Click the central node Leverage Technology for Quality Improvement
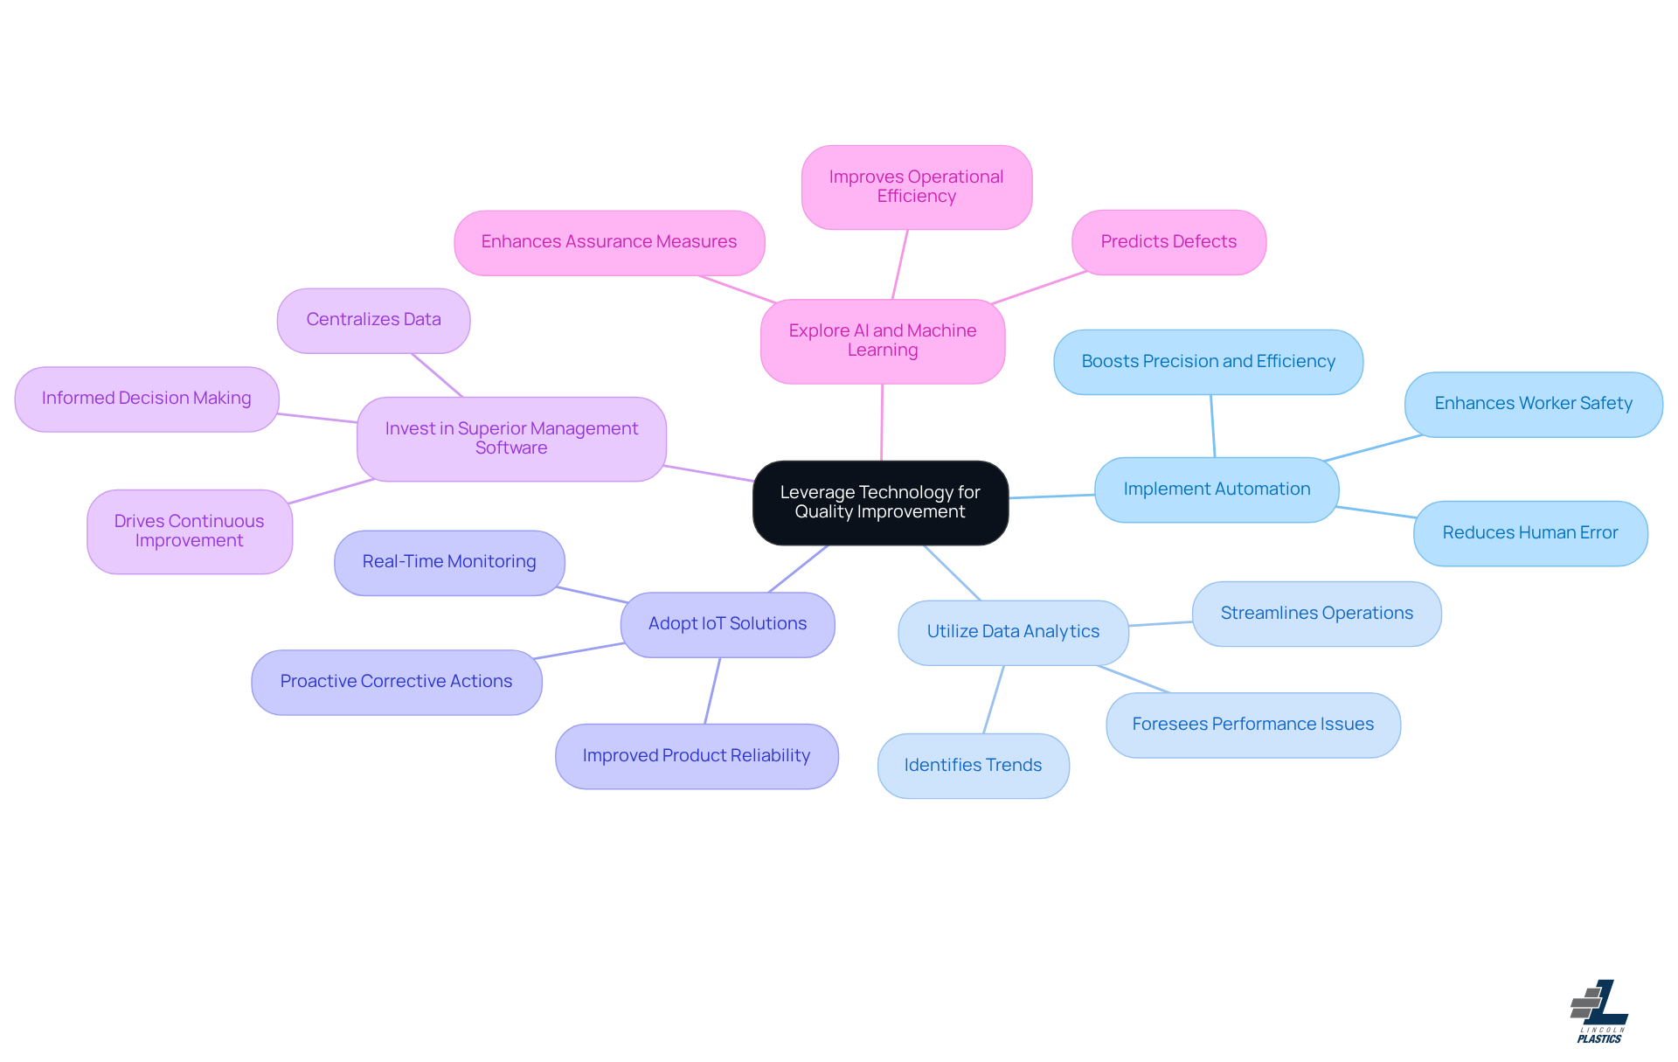880,503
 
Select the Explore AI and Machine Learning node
883,341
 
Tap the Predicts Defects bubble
1168,242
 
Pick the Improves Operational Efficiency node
916,187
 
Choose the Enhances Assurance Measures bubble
609,242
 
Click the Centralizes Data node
373,320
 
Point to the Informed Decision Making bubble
147,399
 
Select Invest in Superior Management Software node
511,439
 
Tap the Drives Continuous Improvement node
190,531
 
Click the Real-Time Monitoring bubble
449,562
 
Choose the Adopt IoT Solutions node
727,624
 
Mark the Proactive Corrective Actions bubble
396,682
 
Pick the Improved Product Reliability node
697,756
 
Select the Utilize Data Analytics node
1013,632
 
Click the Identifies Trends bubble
973,766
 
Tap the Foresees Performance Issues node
1252,725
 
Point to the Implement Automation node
1217,489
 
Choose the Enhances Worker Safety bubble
1533,404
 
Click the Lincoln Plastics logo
1599,1012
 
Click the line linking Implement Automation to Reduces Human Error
1376,512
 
